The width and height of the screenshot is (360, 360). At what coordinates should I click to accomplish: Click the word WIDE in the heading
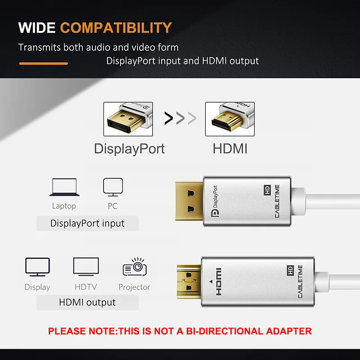click(x=37, y=27)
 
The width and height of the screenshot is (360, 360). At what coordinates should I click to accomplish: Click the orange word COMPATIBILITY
click(x=116, y=27)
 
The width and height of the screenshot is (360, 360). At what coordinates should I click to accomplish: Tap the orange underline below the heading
click(x=43, y=63)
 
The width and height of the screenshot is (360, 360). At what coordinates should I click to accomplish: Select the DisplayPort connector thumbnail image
click(x=128, y=119)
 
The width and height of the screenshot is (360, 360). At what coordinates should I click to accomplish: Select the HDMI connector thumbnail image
click(x=229, y=119)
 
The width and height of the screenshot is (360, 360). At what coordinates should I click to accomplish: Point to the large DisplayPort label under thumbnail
click(x=129, y=148)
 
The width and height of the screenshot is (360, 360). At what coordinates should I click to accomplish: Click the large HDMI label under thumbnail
click(x=230, y=148)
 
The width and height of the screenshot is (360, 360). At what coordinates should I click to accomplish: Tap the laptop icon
click(x=64, y=188)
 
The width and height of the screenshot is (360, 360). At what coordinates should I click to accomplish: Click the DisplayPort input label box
click(x=87, y=223)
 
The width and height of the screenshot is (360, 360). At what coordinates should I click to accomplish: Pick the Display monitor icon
click(x=37, y=268)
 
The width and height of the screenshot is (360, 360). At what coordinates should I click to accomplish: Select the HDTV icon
click(x=86, y=268)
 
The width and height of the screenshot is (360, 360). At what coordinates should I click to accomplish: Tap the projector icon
click(x=135, y=268)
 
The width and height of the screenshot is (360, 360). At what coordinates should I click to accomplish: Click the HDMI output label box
click(x=87, y=302)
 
